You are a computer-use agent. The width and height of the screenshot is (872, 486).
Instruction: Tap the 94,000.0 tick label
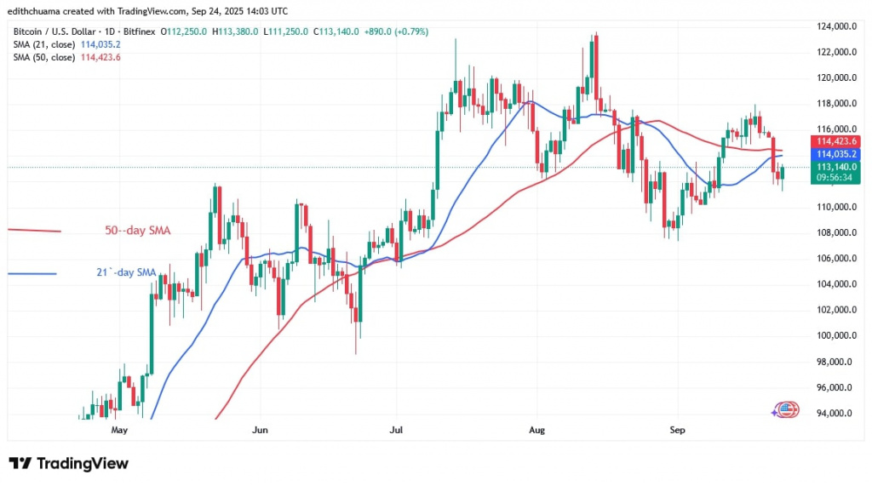pyautogui.click(x=834, y=413)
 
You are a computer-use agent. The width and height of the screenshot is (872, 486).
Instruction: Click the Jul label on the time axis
pyautogui.click(x=396, y=430)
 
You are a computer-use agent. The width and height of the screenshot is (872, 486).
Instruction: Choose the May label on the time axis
pyautogui.click(x=119, y=430)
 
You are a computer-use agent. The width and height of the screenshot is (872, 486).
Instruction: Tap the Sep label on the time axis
pyautogui.click(x=677, y=430)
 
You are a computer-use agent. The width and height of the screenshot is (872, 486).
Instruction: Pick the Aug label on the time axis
pyautogui.click(x=536, y=430)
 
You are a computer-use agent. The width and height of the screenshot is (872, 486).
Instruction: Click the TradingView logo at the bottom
pyautogui.click(x=69, y=464)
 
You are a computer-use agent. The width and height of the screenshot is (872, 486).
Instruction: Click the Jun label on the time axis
pyautogui.click(x=261, y=430)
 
